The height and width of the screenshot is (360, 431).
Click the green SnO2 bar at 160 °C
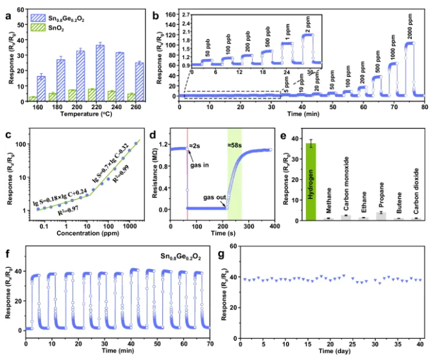coord(32,98)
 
